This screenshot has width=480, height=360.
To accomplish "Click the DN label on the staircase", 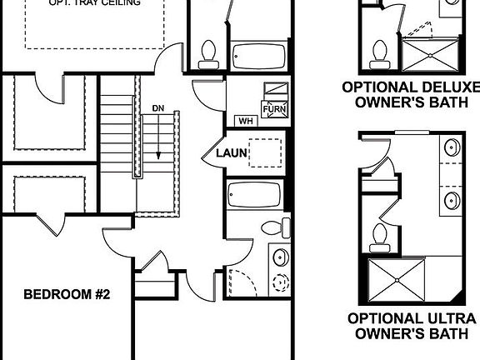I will point(158,108).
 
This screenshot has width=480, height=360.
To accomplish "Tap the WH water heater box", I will point(246,120).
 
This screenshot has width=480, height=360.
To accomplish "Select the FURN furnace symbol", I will point(275,109).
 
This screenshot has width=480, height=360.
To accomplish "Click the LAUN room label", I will point(230,153).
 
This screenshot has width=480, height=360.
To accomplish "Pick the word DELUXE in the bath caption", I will point(450,87).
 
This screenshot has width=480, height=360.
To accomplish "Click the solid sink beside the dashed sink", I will point(281,256).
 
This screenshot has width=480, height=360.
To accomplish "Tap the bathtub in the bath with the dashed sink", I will point(255,195).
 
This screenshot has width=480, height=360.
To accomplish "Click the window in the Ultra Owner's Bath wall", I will point(407,132).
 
